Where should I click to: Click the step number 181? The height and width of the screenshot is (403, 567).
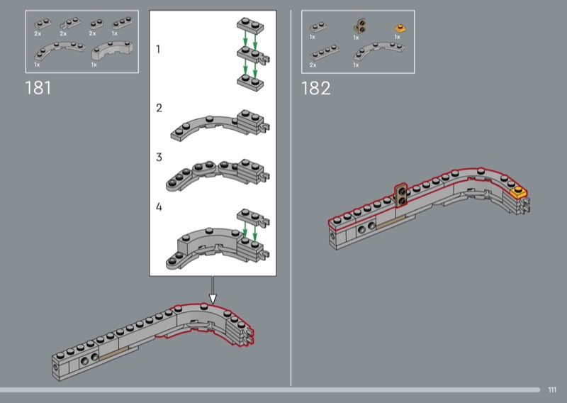coord(38,88)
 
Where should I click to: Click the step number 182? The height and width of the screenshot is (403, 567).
coord(315,89)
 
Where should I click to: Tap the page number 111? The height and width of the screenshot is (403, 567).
coord(552,390)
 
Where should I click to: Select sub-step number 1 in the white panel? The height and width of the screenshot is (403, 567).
coord(158,49)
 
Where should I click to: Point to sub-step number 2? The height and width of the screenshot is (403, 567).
coord(159,108)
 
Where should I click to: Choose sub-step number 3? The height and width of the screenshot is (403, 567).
coord(159,157)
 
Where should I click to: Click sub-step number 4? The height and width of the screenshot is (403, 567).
coord(159,206)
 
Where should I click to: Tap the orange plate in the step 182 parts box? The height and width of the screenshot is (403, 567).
coord(400,28)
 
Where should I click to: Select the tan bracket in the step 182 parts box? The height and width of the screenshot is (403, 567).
coord(359,26)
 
